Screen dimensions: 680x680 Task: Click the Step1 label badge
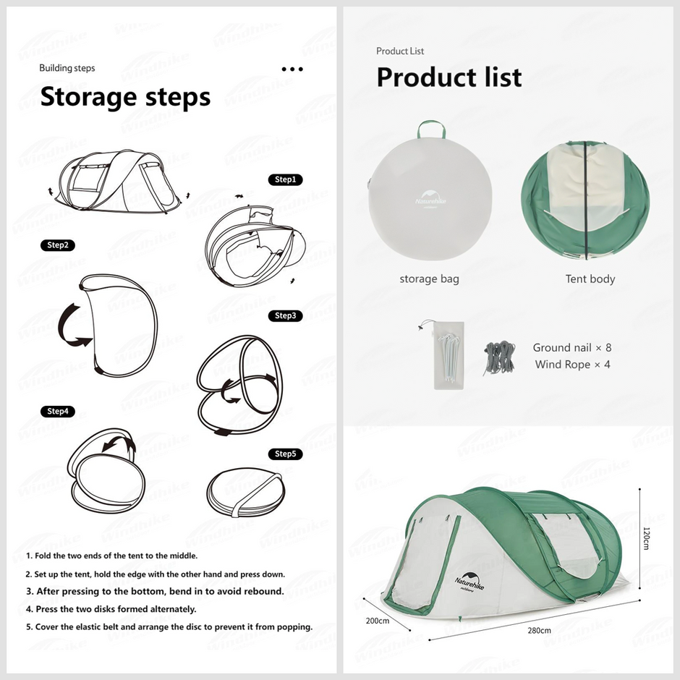pos(285,179)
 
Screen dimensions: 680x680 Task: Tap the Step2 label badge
pos(58,245)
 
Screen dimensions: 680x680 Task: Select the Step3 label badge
pos(285,315)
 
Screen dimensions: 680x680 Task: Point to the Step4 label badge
pos(58,411)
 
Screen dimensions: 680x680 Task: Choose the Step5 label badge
pos(285,454)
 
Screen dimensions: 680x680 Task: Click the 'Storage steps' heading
pos(125,97)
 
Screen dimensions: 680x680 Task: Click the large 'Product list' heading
pos(449,77)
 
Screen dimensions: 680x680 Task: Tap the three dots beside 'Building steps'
pos(292,69)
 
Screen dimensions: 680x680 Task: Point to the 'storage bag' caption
pos(429,279)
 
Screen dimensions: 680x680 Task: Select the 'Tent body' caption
pos(590,279)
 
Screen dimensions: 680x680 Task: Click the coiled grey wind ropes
pos(500,357)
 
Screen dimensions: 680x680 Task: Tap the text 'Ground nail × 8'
pos(572,347)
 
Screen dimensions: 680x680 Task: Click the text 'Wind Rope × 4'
pos(572,365)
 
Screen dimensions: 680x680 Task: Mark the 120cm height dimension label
pos(646,539)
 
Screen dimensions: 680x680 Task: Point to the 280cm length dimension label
pos(539,630)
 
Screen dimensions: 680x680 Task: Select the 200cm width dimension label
pos(378,621)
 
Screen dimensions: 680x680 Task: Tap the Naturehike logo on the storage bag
pos(430,199)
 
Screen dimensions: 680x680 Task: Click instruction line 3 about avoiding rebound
pos(155,592)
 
